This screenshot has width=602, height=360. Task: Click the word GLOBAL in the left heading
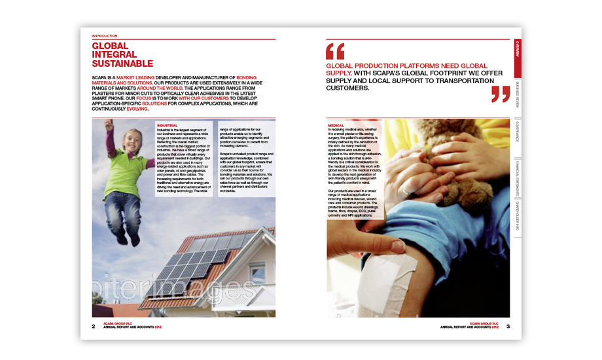[110, 46]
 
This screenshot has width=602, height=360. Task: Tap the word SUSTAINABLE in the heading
[122, 64]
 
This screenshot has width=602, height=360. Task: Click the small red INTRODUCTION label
[104, 35]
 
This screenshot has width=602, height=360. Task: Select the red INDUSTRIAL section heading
[167, 124]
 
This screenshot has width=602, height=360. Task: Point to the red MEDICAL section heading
[336, 124]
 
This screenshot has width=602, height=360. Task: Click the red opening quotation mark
[334, 51]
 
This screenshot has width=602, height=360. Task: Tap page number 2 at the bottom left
[94, 326]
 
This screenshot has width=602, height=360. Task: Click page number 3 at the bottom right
[508, 326]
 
